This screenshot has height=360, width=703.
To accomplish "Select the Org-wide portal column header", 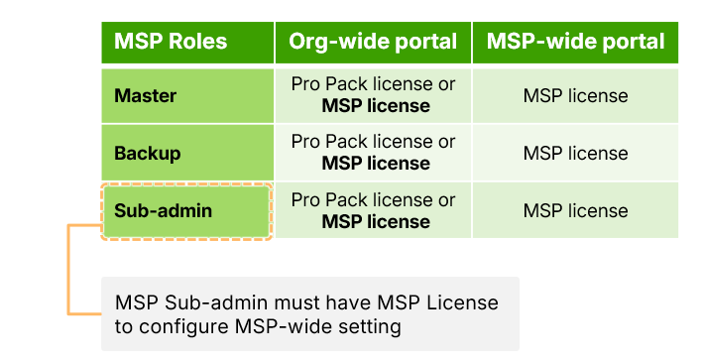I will [x=373, y=42].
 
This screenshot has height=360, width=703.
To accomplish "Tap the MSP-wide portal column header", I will [x=575, y=42].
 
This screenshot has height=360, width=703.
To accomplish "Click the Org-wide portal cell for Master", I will [x=373, y=95].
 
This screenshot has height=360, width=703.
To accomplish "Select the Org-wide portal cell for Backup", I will [x=373, y=153].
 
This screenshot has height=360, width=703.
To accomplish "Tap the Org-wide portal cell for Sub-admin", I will [x=373, y=210].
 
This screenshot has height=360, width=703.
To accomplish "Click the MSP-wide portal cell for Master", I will [x=575, y=96].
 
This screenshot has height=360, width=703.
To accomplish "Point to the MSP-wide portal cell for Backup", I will [x=575, y=154].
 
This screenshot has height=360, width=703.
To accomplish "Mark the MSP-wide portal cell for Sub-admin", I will [x=575, y=210].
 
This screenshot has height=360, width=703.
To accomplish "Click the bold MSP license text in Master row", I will [x=376, y=106].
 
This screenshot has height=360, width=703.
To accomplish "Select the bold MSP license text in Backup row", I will [x=376, y=164].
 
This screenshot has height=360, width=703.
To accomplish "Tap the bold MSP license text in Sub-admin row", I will [x=376, y=221].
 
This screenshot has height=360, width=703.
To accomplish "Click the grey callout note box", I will [x=309, y=313].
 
